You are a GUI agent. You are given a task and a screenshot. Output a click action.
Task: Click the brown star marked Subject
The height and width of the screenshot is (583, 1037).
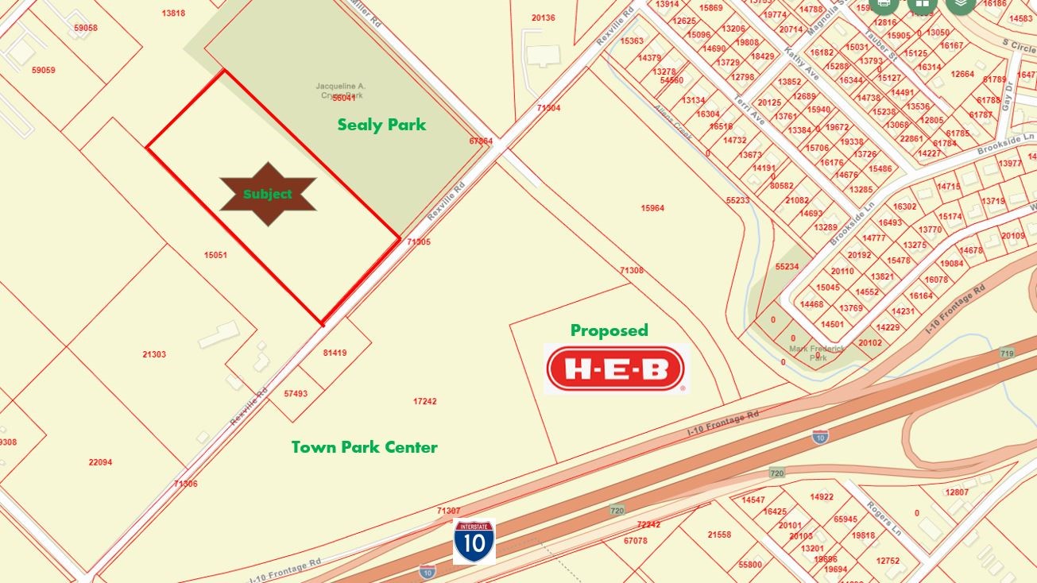268,194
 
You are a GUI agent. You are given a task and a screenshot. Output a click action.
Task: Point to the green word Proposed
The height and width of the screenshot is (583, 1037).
609,330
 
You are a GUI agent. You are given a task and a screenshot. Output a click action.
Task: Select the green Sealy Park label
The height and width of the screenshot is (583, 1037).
381,125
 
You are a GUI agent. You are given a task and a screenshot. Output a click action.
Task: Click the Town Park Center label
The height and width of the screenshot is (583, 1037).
364,447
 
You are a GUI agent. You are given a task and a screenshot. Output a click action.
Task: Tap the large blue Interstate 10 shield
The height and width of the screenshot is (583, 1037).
474,542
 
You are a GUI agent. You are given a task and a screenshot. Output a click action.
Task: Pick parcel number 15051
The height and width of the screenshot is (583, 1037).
215,255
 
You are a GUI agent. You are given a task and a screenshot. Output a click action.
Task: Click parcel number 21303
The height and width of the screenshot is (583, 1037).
154,354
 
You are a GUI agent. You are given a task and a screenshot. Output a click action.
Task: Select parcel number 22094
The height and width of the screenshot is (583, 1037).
100,462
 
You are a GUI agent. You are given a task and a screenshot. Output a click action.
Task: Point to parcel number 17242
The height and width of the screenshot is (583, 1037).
425,402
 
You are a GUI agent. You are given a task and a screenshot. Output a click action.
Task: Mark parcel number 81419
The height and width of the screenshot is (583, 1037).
335,353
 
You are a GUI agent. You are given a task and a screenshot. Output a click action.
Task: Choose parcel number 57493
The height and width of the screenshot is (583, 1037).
296,393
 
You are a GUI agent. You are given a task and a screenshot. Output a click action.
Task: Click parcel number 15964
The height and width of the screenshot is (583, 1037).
652,208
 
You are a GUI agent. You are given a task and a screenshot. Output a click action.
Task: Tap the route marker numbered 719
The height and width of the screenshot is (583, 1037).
1007,353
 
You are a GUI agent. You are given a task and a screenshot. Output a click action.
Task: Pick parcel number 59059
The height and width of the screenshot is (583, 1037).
44,70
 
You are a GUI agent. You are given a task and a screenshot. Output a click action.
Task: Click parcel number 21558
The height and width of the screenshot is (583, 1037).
719,535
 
